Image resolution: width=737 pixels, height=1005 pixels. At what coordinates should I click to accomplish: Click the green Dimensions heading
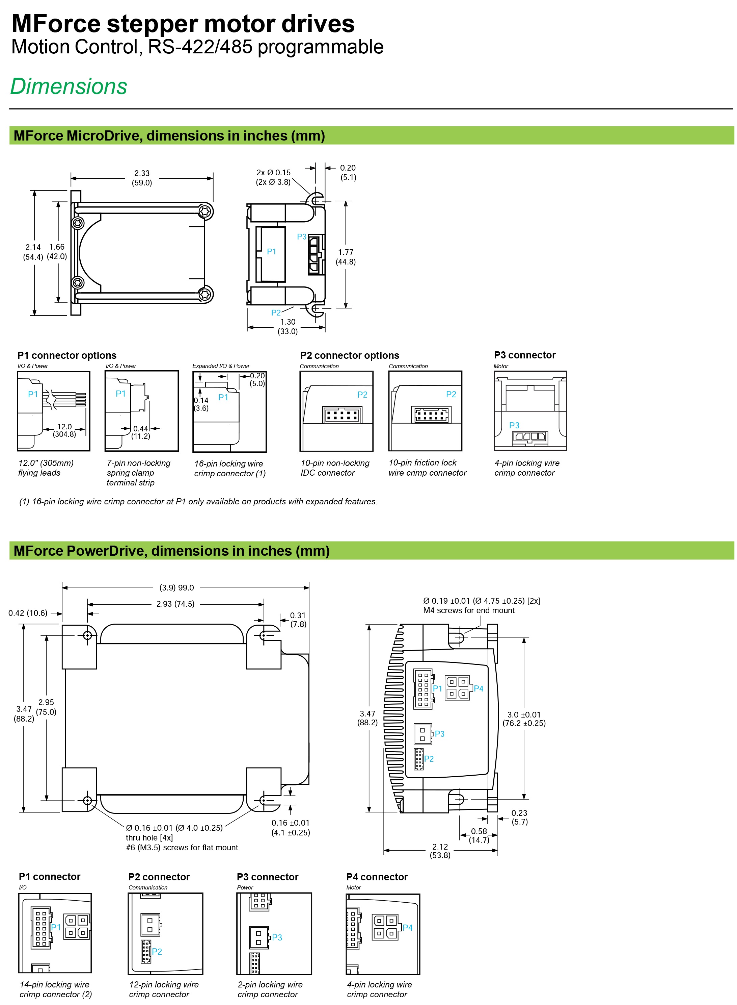tap(69, 86)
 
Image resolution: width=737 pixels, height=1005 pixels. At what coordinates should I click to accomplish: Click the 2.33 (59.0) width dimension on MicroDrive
tap(142, 178)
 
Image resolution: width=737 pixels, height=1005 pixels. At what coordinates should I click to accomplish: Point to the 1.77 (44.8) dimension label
tap(346, 257)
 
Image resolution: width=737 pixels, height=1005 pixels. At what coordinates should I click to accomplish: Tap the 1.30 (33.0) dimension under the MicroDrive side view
tap(288, 326)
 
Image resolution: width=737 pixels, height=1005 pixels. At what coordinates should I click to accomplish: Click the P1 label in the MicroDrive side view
tap(271, 251)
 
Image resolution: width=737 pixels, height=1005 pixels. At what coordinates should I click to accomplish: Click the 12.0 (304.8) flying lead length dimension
tap(64, 430)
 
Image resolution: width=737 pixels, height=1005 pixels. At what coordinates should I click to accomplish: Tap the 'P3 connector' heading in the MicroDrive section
tap(525, 355)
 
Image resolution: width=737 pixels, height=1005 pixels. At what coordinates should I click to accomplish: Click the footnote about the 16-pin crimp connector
tap(198, 501)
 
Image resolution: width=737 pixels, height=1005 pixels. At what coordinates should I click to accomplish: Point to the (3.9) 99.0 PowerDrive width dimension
tap(177, 587)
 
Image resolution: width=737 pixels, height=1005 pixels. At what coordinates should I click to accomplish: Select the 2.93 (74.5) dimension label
tap(175, 604)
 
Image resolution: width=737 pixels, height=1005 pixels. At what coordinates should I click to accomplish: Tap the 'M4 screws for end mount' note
tap(469, 610)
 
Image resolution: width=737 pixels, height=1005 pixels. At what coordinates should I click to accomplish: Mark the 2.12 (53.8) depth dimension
tap(440, 851)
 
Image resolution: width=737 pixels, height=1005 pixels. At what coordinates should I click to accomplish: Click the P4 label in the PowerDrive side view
tap(479, 688)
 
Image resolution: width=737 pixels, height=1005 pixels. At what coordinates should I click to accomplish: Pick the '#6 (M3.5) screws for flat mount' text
tap(182, 847)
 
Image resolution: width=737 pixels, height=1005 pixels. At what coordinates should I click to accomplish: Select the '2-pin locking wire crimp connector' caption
tap(270, 989)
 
